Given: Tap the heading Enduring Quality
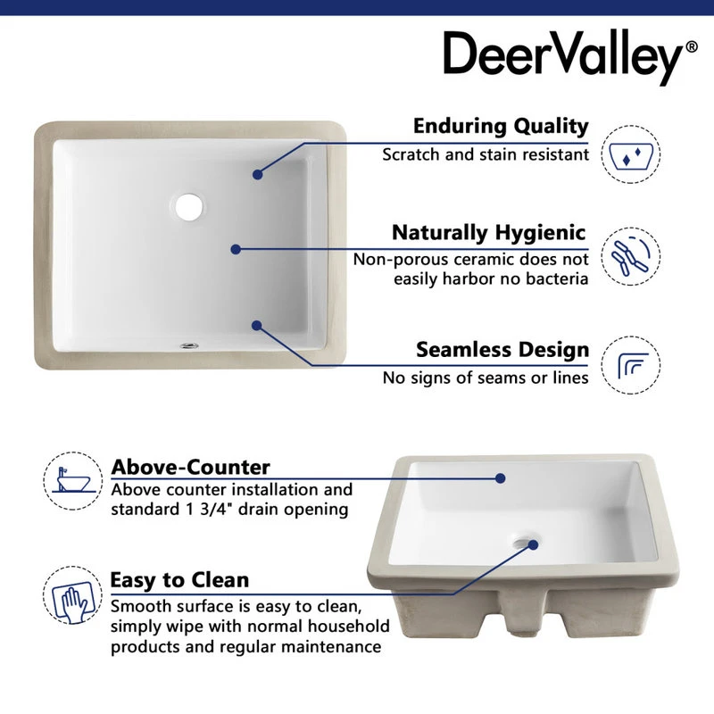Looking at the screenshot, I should (x=501, y=126).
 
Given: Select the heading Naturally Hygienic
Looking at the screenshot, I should (x=489, y=233).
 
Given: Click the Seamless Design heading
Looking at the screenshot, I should (x=502, y=349).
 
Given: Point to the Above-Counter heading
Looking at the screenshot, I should (x=190, y=467).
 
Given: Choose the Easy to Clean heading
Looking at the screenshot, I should (x=179, y=580).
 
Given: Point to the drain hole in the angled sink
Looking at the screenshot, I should (x=527, y=541).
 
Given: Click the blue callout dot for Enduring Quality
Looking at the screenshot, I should (x=257, y=175).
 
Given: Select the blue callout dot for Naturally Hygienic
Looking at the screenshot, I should (x=236, y=250).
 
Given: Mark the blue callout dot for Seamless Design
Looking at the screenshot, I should (x=257, y=326).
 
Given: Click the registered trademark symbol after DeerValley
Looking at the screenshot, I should (x=692, y=47).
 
